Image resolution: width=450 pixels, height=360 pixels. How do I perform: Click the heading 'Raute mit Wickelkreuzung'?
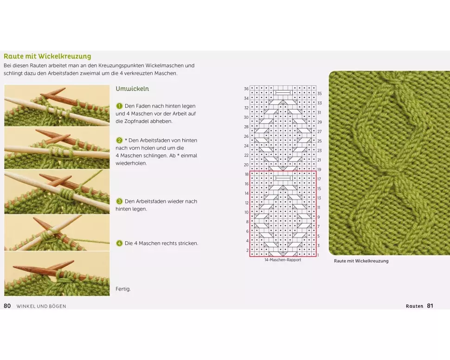tap(47, 56)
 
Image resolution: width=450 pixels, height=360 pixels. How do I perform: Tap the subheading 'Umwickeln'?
tap(132, 89)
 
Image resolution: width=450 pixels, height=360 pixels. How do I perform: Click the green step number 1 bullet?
tap(119, 106)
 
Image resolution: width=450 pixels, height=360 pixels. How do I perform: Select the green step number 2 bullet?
tap(119, 141)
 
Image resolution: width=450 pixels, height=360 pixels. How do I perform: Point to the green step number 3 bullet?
tap(119, 201)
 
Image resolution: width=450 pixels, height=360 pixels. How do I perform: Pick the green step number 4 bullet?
tap(119, 243)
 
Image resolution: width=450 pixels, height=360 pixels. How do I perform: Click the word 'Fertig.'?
tap(123, 289)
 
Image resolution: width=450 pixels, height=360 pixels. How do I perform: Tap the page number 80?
tap(7, 306)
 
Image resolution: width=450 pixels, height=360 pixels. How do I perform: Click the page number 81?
tap(430, 306)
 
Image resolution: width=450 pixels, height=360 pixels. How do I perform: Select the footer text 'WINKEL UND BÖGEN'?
tap(41, 306)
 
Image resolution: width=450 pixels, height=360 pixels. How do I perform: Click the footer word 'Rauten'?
tap(414, 306)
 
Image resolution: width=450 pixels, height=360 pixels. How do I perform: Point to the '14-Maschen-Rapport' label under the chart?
tap(283, 260)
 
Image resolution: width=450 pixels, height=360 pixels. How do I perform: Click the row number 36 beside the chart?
tap(246, 89)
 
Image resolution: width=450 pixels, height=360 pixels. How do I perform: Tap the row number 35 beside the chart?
tap(320, 94)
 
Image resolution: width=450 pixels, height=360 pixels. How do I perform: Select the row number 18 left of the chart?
tap(246, 174)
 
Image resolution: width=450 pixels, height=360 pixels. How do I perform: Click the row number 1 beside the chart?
tap(318, 255)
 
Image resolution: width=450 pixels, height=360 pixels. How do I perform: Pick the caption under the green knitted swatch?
tap(361, 261)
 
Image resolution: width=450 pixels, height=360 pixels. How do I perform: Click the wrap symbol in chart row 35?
tap(283, 92)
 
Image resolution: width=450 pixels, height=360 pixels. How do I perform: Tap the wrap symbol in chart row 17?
tap(283, 178)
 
